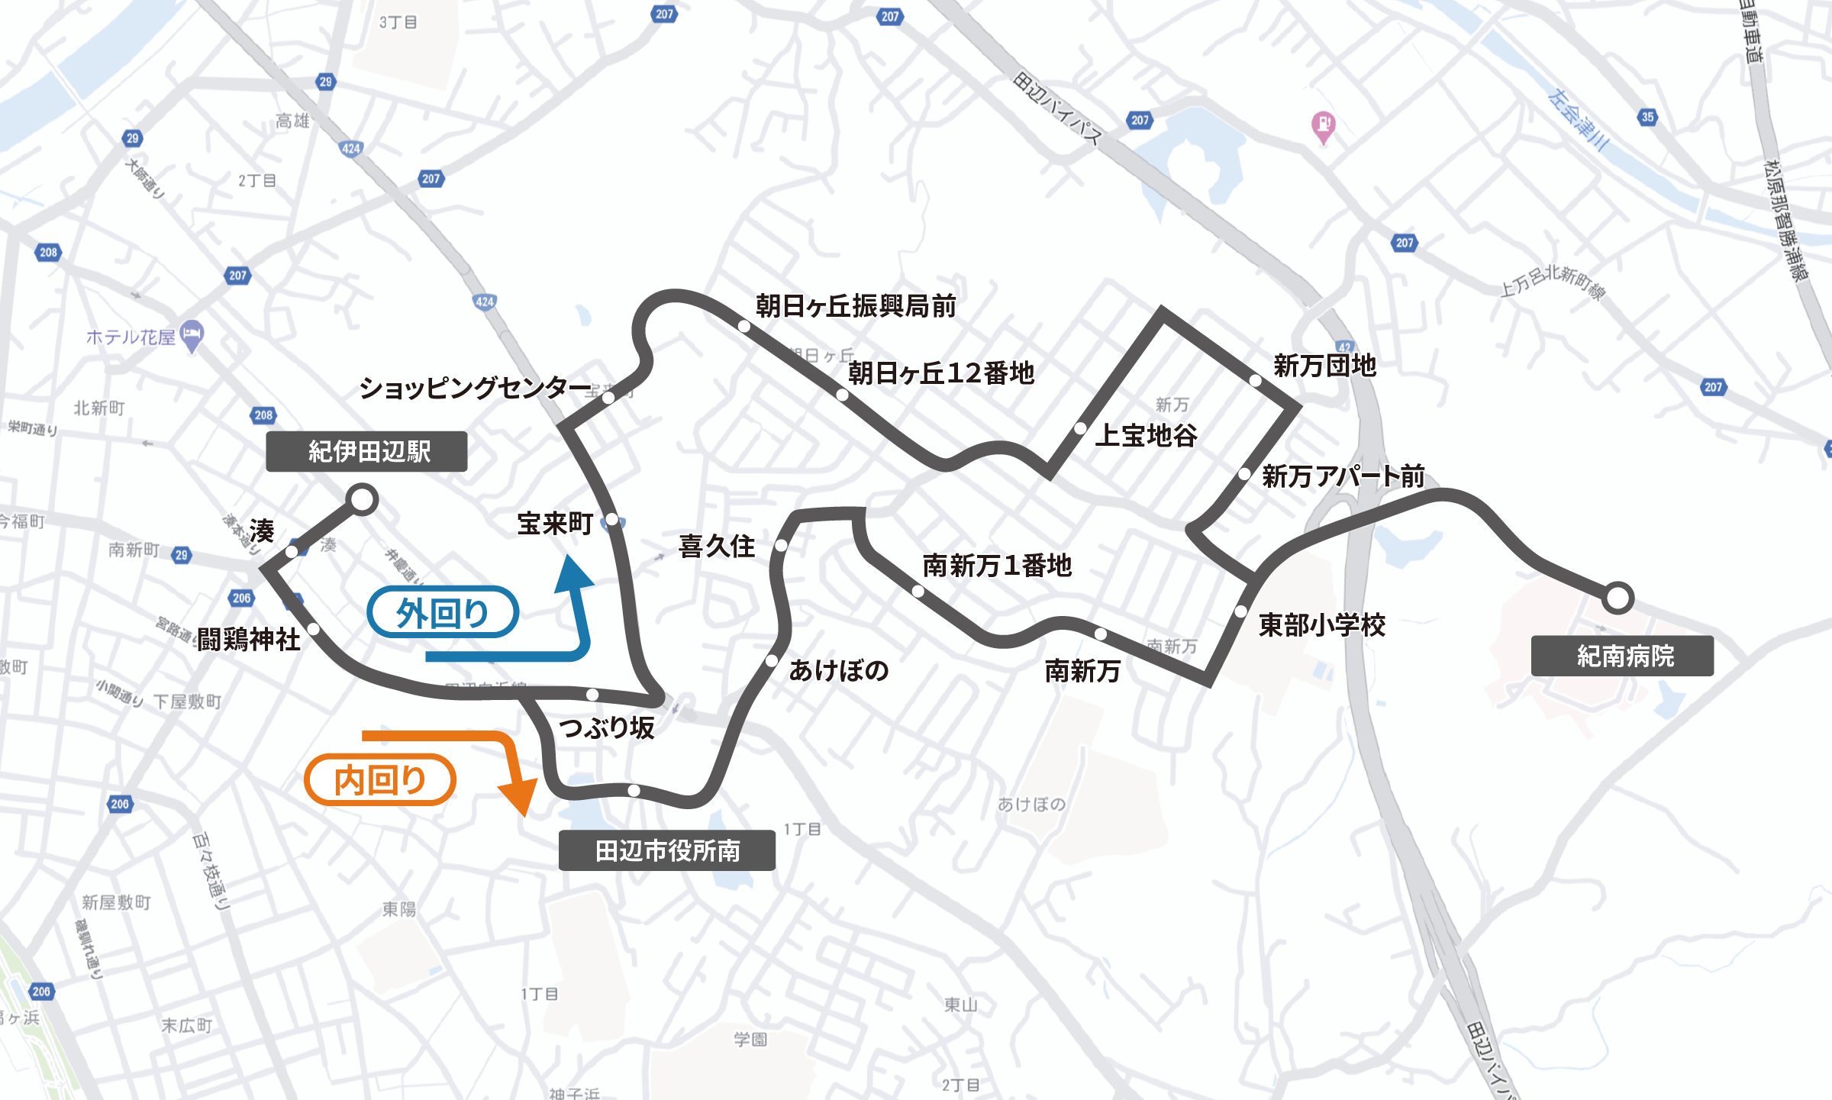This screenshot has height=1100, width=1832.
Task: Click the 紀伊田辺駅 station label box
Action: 366,451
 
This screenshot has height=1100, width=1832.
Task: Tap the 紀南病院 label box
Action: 1622,656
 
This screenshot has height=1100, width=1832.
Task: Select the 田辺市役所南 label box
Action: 666,850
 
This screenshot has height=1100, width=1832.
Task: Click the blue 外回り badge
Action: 443,612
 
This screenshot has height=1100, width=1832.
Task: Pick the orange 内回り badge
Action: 380,779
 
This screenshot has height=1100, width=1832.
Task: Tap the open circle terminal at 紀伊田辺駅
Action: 362,500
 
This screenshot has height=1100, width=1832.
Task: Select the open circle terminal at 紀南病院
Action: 1617,598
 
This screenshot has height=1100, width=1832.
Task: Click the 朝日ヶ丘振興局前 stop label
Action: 856,306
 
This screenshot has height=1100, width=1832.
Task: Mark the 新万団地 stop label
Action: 1324,366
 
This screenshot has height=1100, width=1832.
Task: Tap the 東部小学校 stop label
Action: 1321,625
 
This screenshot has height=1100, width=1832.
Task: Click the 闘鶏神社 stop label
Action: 249,640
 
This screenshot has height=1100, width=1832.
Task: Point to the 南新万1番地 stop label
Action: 997,566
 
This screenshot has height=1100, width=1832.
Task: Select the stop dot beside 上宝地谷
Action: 1080,428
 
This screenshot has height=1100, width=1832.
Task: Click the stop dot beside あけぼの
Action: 772,660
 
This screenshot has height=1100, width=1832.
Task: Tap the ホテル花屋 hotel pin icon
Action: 192,334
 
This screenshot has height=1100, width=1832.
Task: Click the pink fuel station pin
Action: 1323,124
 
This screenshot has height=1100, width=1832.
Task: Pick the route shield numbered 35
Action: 1647,117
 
